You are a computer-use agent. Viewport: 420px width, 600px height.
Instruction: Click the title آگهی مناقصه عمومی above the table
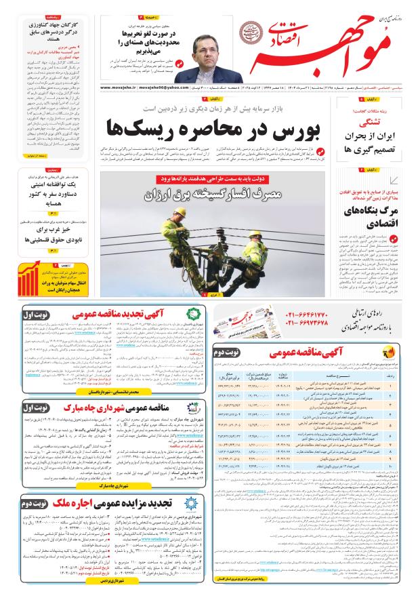pos(313,353)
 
